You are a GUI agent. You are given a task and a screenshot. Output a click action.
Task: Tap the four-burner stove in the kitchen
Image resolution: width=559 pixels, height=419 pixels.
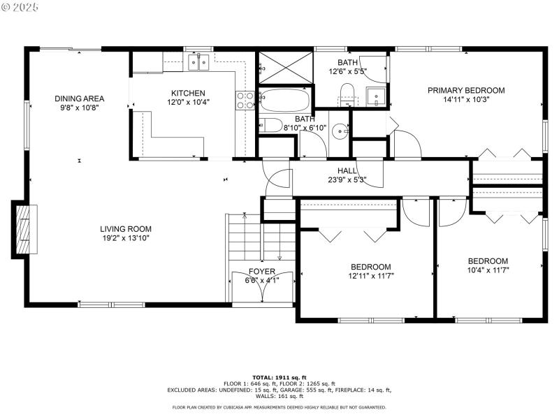(245, 101)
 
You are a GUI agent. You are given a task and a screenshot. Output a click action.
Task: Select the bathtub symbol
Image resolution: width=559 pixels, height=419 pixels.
(284, 101)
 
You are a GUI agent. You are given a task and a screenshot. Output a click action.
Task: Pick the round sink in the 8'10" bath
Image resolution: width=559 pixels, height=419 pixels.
(340, 130)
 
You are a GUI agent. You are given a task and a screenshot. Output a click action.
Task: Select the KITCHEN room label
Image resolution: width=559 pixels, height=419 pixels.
(189, 93)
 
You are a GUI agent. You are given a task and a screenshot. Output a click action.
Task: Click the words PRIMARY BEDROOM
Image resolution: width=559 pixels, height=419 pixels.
(466, 90)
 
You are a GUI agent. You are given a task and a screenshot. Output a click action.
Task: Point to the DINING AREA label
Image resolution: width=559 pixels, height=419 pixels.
(80, 98)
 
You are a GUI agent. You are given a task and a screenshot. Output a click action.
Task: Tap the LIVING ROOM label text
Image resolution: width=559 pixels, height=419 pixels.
(125, 228)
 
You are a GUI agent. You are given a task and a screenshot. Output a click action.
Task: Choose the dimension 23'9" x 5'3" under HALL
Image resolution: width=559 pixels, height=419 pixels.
(347, 179)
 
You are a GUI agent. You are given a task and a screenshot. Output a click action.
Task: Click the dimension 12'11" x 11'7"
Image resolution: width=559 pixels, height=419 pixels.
(370, 276)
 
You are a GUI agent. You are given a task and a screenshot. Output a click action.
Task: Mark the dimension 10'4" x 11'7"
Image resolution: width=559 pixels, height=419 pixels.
(488, 270)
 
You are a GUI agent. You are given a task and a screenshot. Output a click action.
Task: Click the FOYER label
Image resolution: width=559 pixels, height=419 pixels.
(262, 272)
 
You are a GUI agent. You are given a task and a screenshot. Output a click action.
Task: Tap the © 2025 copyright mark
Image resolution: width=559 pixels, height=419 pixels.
(21, 7)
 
